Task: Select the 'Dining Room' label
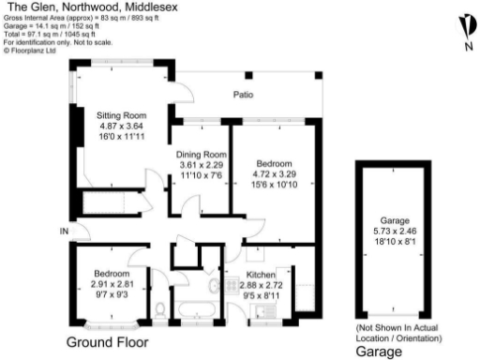tap(202, 154)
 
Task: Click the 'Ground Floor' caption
tap(107, 342)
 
